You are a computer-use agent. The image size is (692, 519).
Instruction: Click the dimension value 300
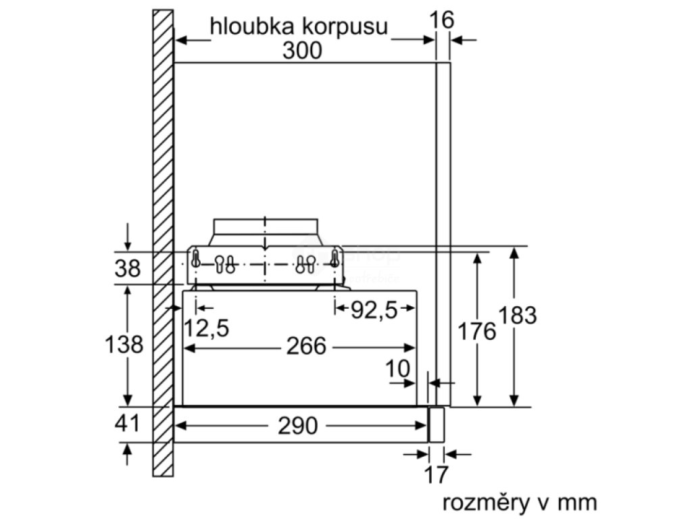[302, 50]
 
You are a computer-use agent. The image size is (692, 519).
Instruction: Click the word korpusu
[345, 27]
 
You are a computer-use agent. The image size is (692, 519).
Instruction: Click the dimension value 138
[124, 345]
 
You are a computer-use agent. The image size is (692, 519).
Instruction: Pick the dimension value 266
[305, 347]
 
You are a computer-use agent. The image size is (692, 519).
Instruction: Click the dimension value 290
[297, 426]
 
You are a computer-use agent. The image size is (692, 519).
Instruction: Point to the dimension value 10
[399, 369]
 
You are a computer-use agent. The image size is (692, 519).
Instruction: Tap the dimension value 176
[477, 331]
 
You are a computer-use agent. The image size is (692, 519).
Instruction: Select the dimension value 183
[518, 315]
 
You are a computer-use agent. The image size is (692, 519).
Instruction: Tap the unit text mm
[578, 503]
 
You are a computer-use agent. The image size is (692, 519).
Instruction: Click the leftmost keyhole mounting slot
[195, 259]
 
